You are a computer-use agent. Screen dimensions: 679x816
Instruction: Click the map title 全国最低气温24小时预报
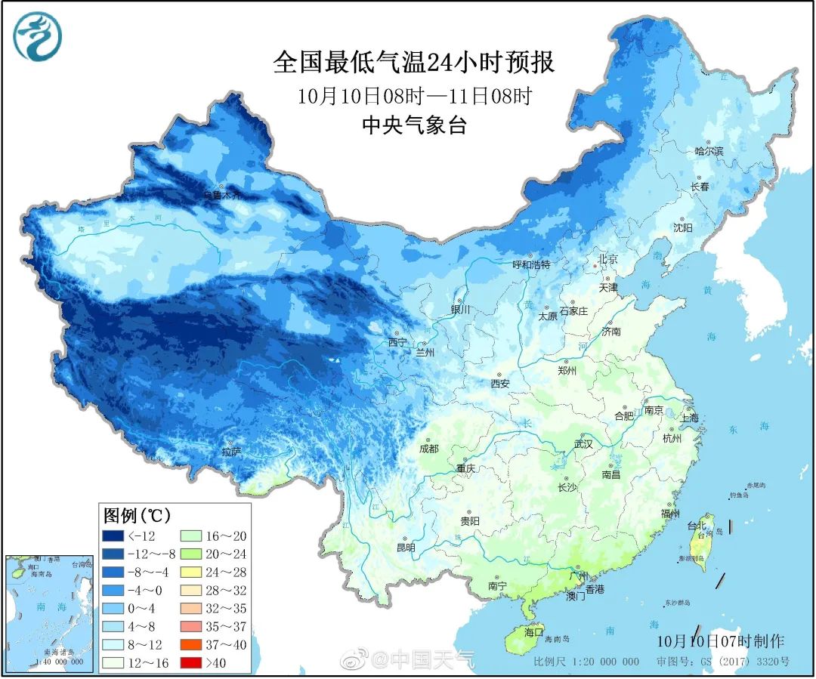[x=413, y=62]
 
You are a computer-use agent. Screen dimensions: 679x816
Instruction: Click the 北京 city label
[x=608, y=259]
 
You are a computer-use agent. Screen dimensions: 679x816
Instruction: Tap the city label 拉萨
[x=231, y=452]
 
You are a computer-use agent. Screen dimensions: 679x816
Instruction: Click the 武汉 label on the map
[x=583, y=444]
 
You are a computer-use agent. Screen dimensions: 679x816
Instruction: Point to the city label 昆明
[x=406, y=547]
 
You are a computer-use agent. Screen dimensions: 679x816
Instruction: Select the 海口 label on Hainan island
[x=534, y=632]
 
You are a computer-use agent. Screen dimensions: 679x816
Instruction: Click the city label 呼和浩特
[x=531, y=264]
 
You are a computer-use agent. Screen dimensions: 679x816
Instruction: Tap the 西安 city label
[x=499, y=384]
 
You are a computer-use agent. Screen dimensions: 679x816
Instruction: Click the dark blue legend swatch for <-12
[x=113, y=535]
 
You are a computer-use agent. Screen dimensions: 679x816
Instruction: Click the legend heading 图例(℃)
[x=137, y=516]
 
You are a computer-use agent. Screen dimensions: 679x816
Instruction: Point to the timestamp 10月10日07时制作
[x=720, y=641]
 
